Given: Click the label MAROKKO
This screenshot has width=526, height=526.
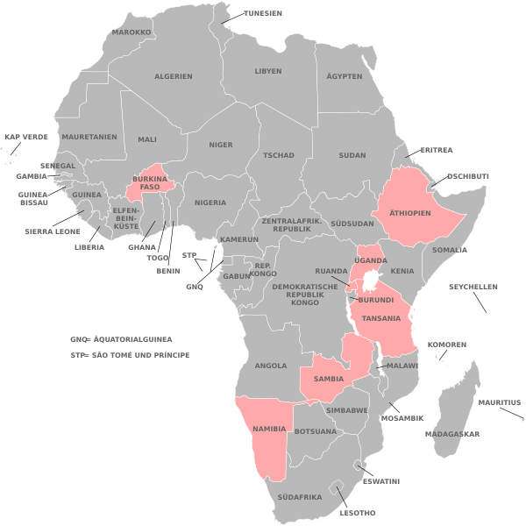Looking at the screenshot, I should [x=131, y=32].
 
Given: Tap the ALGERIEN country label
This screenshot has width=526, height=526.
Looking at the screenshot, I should [x=174, y=76].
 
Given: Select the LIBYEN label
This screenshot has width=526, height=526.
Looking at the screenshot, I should [x=268, y=71].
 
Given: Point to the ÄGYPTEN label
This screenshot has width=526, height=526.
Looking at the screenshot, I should [x=345, y=76].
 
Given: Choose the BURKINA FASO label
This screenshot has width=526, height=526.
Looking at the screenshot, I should [x=150, y=183].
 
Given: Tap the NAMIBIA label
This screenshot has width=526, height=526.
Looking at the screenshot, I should [x=269, y=428].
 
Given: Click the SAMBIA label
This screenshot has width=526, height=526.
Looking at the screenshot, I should [x=328, y=379].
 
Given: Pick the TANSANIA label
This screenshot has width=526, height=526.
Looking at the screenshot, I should [x=381, y=318].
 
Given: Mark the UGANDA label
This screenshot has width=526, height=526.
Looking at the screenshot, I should [x=370, y=261].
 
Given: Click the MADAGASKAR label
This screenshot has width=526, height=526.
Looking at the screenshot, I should [x=452, y=434].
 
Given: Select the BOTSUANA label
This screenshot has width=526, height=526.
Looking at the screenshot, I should [x=316, y=431].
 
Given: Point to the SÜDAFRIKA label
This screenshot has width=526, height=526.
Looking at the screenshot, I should [x=299, y=496].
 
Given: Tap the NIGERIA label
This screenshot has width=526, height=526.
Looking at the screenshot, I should [x=210, y=203].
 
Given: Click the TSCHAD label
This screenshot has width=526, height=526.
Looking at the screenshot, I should [x=278, y=155].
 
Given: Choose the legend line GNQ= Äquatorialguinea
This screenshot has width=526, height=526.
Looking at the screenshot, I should [x=121, y=338].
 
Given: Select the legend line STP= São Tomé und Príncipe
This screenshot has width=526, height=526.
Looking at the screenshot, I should [x=131, y=356].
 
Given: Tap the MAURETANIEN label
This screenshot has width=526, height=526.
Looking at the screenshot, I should [x=89, y=138].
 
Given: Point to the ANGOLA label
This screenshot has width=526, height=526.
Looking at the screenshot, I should [x=271, y=366].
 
